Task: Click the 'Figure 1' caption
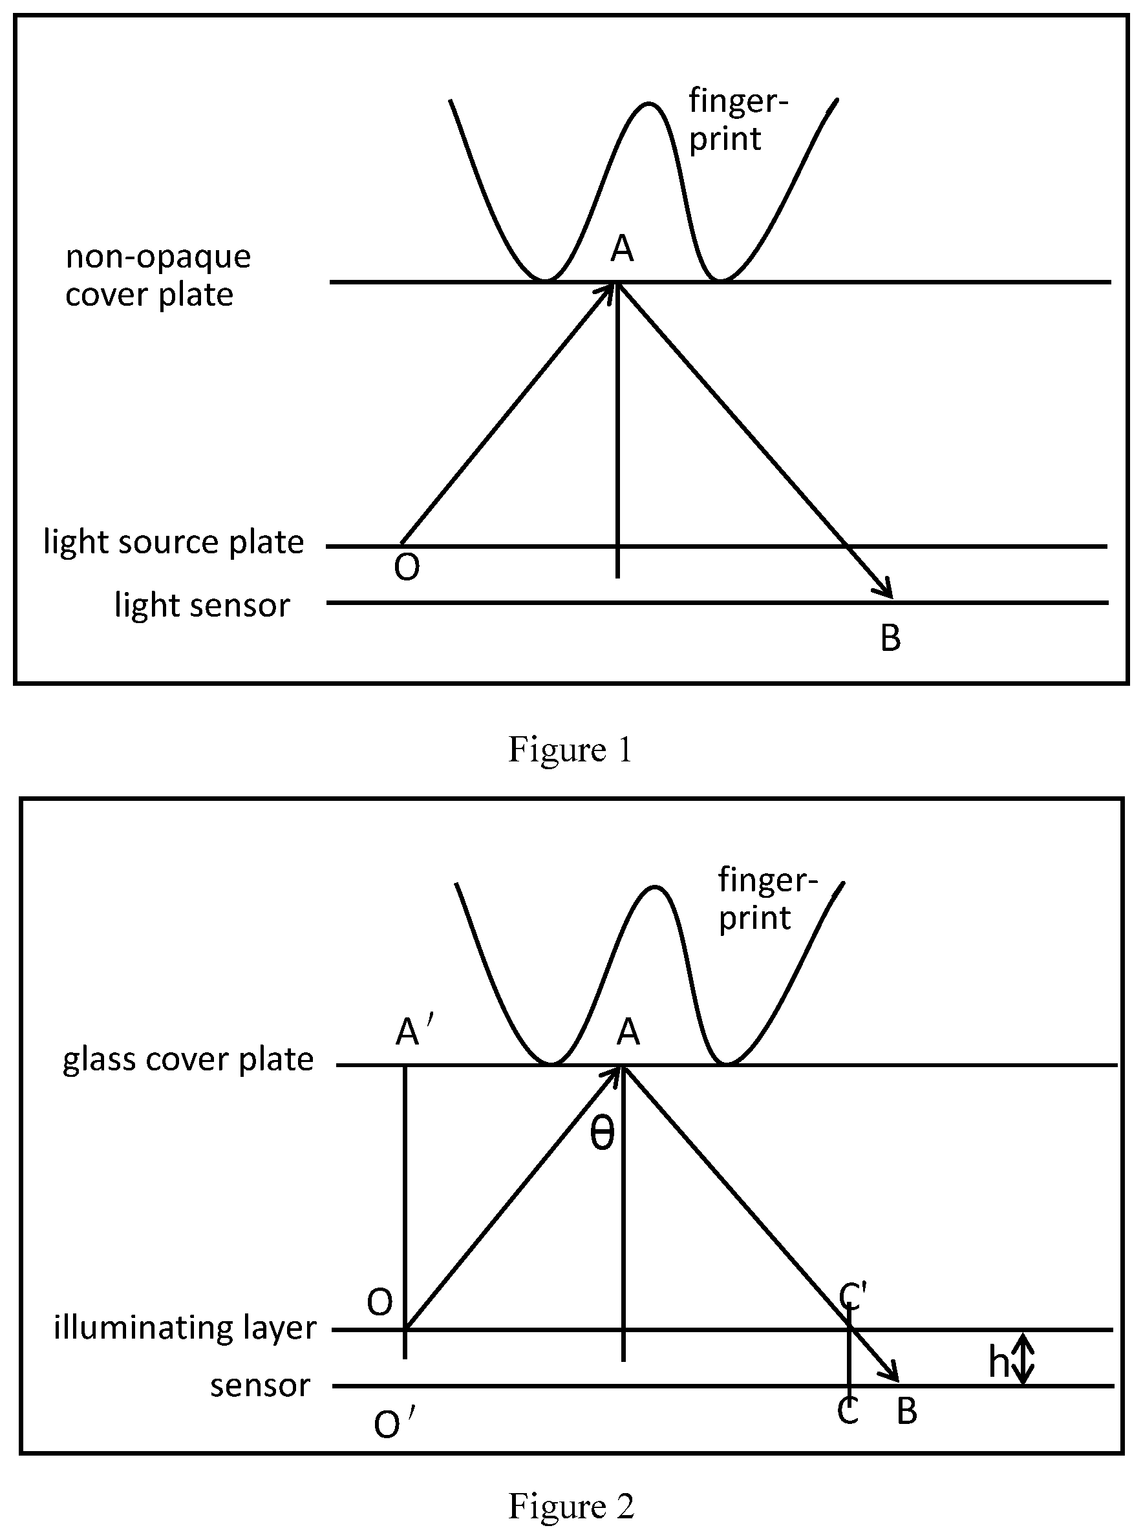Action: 571,749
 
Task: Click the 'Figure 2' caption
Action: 571,1506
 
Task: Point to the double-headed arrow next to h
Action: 1025,1359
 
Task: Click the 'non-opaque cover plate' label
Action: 158,275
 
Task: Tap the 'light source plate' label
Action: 174,541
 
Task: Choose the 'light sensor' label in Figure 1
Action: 202,605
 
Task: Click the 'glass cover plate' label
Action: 188,1059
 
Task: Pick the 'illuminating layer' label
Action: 186,1328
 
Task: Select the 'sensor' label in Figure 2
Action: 260,1385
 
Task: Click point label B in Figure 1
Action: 890,638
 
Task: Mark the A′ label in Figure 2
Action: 415,1033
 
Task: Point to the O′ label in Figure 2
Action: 394,1424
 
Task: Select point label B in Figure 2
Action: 907,1410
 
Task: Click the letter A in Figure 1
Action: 622,248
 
